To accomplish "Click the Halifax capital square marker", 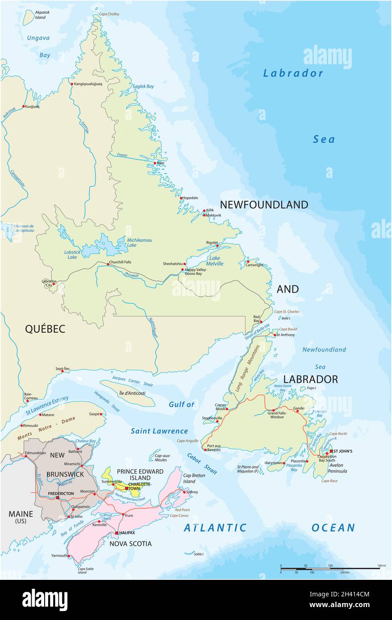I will point(117,533).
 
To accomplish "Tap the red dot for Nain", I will point(155,163).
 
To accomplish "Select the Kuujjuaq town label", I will point(32,107).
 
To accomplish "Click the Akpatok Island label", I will point(41,15).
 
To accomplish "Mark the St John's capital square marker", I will point(331,451).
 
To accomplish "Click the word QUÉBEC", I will point(45,329).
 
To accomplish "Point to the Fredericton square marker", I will point(57,497).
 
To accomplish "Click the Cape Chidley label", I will point(109,14).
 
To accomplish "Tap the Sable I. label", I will point(199,554).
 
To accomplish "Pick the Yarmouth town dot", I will point(68,556).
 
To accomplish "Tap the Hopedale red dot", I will point(181,198).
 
